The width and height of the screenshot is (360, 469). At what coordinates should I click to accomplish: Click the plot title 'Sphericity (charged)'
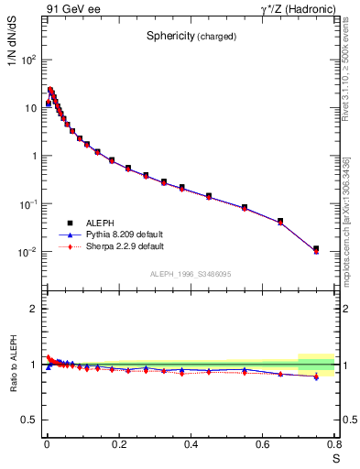191,37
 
